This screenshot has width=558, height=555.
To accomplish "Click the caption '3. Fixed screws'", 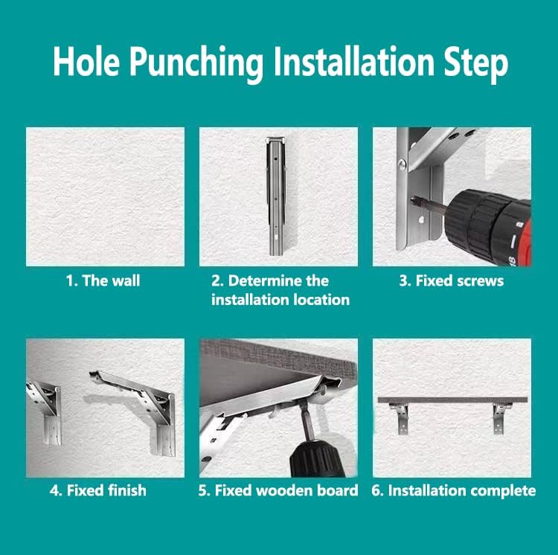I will coord(452,281).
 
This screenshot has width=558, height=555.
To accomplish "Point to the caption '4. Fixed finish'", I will coord(98,490).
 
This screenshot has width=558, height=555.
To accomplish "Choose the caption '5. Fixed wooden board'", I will coord(279,490).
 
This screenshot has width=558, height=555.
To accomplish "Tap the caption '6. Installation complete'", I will coord(453,490).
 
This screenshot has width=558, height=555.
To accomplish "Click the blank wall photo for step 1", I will coord(105,196).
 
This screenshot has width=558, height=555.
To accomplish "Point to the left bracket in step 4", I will coord(46,409).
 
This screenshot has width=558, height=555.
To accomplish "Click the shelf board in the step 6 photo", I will coord(452,400).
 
